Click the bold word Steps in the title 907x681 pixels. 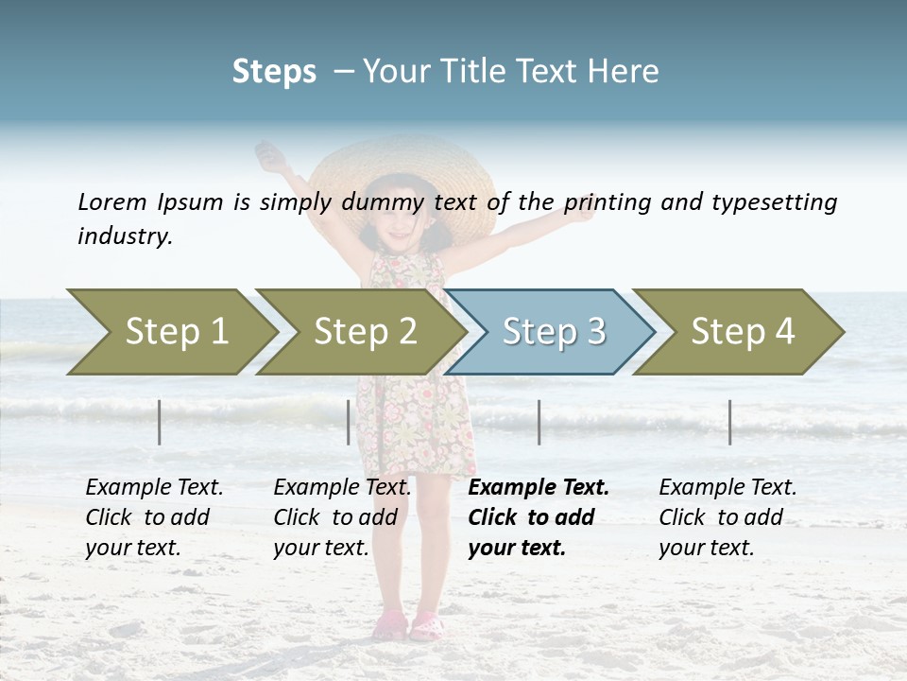[274, 72]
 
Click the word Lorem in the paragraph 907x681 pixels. [111, 201]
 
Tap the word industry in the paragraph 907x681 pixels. [124, 236]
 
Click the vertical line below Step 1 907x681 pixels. [160, 422]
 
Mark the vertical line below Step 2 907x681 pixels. [349, 422]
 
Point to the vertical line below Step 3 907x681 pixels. [539, 422]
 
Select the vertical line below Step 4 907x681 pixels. [730, 422]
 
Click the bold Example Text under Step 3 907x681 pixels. [539, 488]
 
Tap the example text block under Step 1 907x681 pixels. [153, 517]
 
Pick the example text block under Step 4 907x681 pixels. [727, 517]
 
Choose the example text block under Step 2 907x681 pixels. [341, 517]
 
